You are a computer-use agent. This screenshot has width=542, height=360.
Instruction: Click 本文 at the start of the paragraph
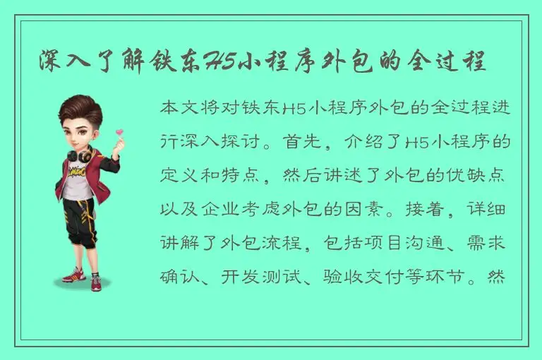pos(178,109)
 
